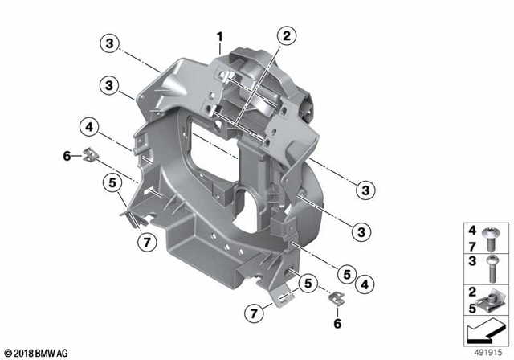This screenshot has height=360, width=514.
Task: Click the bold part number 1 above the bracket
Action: point(218,35)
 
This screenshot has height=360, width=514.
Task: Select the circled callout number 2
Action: point(287,35)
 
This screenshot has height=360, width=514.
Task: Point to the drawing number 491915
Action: point(490,353)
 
